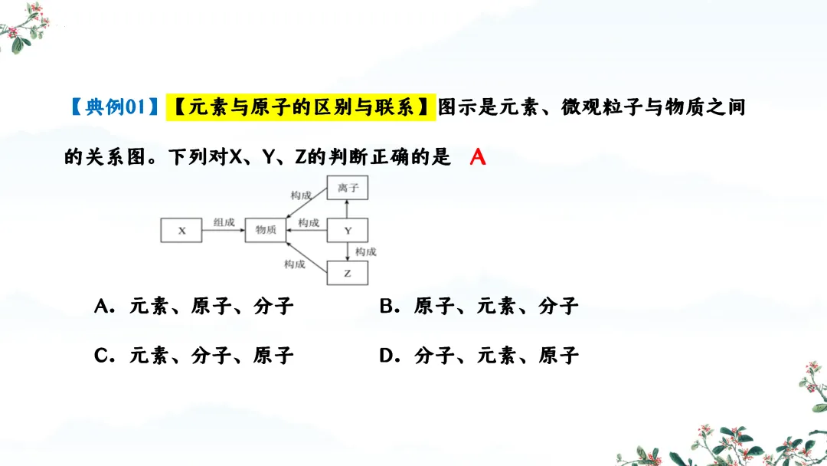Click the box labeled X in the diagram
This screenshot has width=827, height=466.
pos(181,231)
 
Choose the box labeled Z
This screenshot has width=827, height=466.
pos(348,273)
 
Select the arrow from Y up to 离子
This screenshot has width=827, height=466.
pos(348,209)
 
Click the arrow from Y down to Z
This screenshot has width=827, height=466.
pos(348,251)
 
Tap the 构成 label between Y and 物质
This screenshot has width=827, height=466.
pos(309,222)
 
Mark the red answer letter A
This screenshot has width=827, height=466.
pos(478,158)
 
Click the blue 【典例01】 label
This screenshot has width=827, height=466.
pos(113,107)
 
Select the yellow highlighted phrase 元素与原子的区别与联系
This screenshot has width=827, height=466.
pos(301,107)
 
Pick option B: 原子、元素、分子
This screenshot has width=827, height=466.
pos(479,307)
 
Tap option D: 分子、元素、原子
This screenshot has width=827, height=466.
pos(479,356)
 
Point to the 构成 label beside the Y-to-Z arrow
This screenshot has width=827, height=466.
pos(366,251)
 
